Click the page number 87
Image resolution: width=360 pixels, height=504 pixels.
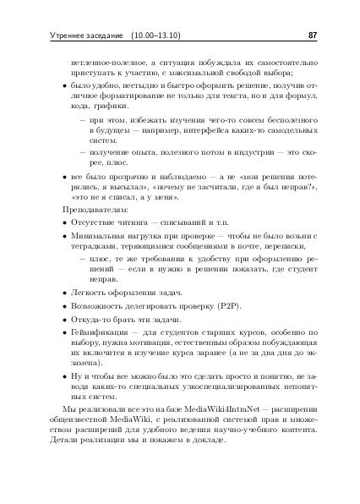coord(313,36)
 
